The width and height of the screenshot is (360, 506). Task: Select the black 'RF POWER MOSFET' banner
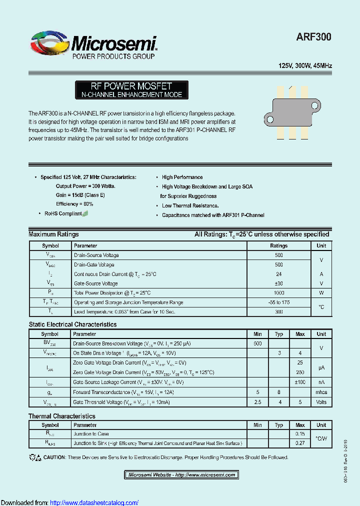click(x=131, y=90)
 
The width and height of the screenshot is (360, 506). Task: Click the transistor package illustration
click(x=292, y=112)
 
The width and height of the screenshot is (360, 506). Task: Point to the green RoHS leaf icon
click(x=85, y=213)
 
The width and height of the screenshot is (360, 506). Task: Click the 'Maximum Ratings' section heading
click(x=53, y=234)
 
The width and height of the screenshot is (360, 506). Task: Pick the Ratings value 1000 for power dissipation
click(x=278, y=293)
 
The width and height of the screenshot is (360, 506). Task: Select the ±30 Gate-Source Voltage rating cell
click(x=278, y=283)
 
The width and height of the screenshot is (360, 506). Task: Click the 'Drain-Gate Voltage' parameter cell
click(x=94, y=264)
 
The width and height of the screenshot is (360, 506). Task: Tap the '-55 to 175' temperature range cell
click(x=278, y=302)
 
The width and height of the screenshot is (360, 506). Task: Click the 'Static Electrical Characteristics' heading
click(x=72, y=324)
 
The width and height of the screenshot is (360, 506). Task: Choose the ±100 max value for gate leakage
click(x=300, y=382)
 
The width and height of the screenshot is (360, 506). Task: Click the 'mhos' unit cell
click(x=321, y=392)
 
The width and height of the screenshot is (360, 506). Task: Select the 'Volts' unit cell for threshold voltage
click(x=321, y=402)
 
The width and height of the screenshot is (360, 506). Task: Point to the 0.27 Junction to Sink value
click(x=300, y=443)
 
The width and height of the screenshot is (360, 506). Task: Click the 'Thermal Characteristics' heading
click(x=62, y=416)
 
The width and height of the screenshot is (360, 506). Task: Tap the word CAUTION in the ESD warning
click(x=54, y=457)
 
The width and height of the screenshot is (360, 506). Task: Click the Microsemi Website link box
click(x=181, y=475)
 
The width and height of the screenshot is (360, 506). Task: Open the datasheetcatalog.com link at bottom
click(x=94, y=502)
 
